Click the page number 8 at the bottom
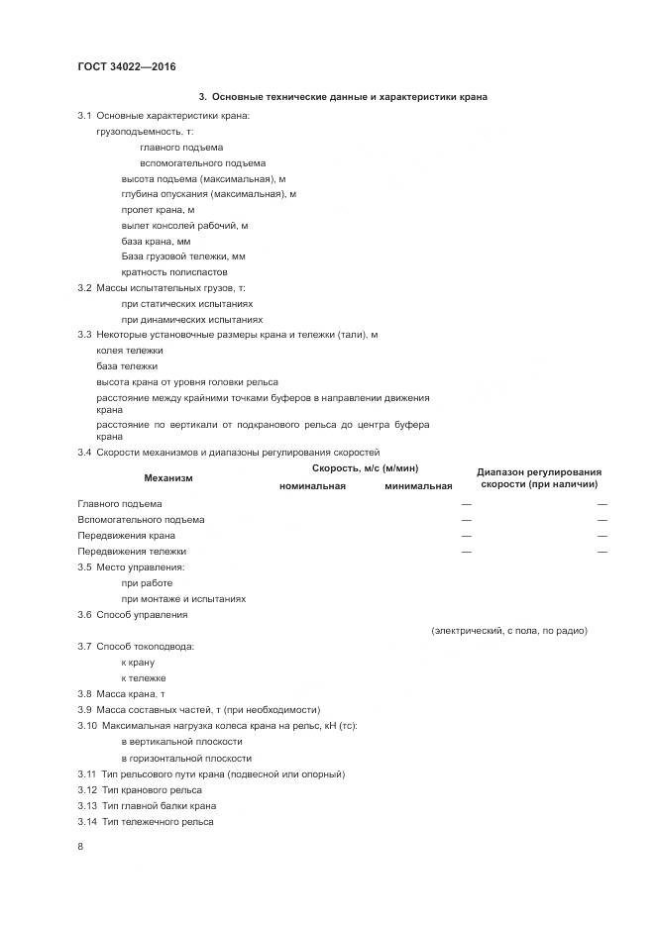(81, 847)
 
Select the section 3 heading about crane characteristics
(343, 97)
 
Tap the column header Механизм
(168, 478)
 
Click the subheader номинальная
(312, 486)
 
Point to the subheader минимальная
(418, 486)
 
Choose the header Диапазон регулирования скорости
(539, 478)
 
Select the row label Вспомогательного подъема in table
(141, 520)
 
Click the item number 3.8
(85, 694)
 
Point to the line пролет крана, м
(158, 210)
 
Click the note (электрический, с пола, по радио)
(509, 630)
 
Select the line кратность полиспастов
(174, 272)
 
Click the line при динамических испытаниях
(192, 320)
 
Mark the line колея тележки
(130, 351)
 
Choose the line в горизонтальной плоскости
(186, 758)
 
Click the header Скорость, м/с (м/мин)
(366, 467)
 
